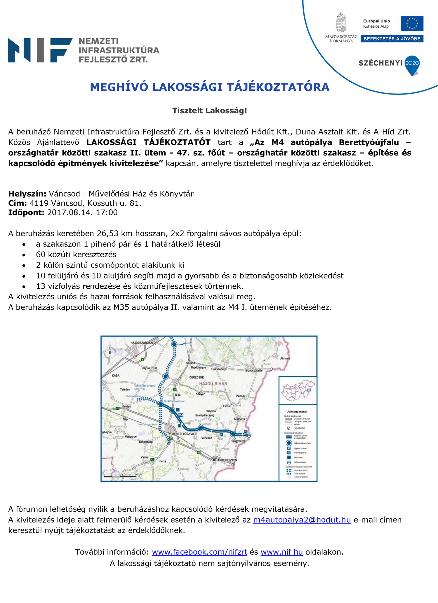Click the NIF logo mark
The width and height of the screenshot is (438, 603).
[40, 50]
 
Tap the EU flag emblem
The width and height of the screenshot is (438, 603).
[412, 23]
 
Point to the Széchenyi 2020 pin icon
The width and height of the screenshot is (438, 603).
[412, 65]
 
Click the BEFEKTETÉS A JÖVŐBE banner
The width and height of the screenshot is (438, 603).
[392, 39]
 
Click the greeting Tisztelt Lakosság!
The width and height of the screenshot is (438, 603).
[209, 111]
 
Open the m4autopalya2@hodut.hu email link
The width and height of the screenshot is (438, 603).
[302, 520]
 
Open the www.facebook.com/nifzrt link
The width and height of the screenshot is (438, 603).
[200, 552]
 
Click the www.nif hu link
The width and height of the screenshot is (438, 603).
[281, 552]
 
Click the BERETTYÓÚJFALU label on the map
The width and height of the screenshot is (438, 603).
[184, 434]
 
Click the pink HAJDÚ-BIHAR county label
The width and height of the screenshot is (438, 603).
[213, 384]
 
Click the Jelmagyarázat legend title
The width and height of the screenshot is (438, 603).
[297, 411]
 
